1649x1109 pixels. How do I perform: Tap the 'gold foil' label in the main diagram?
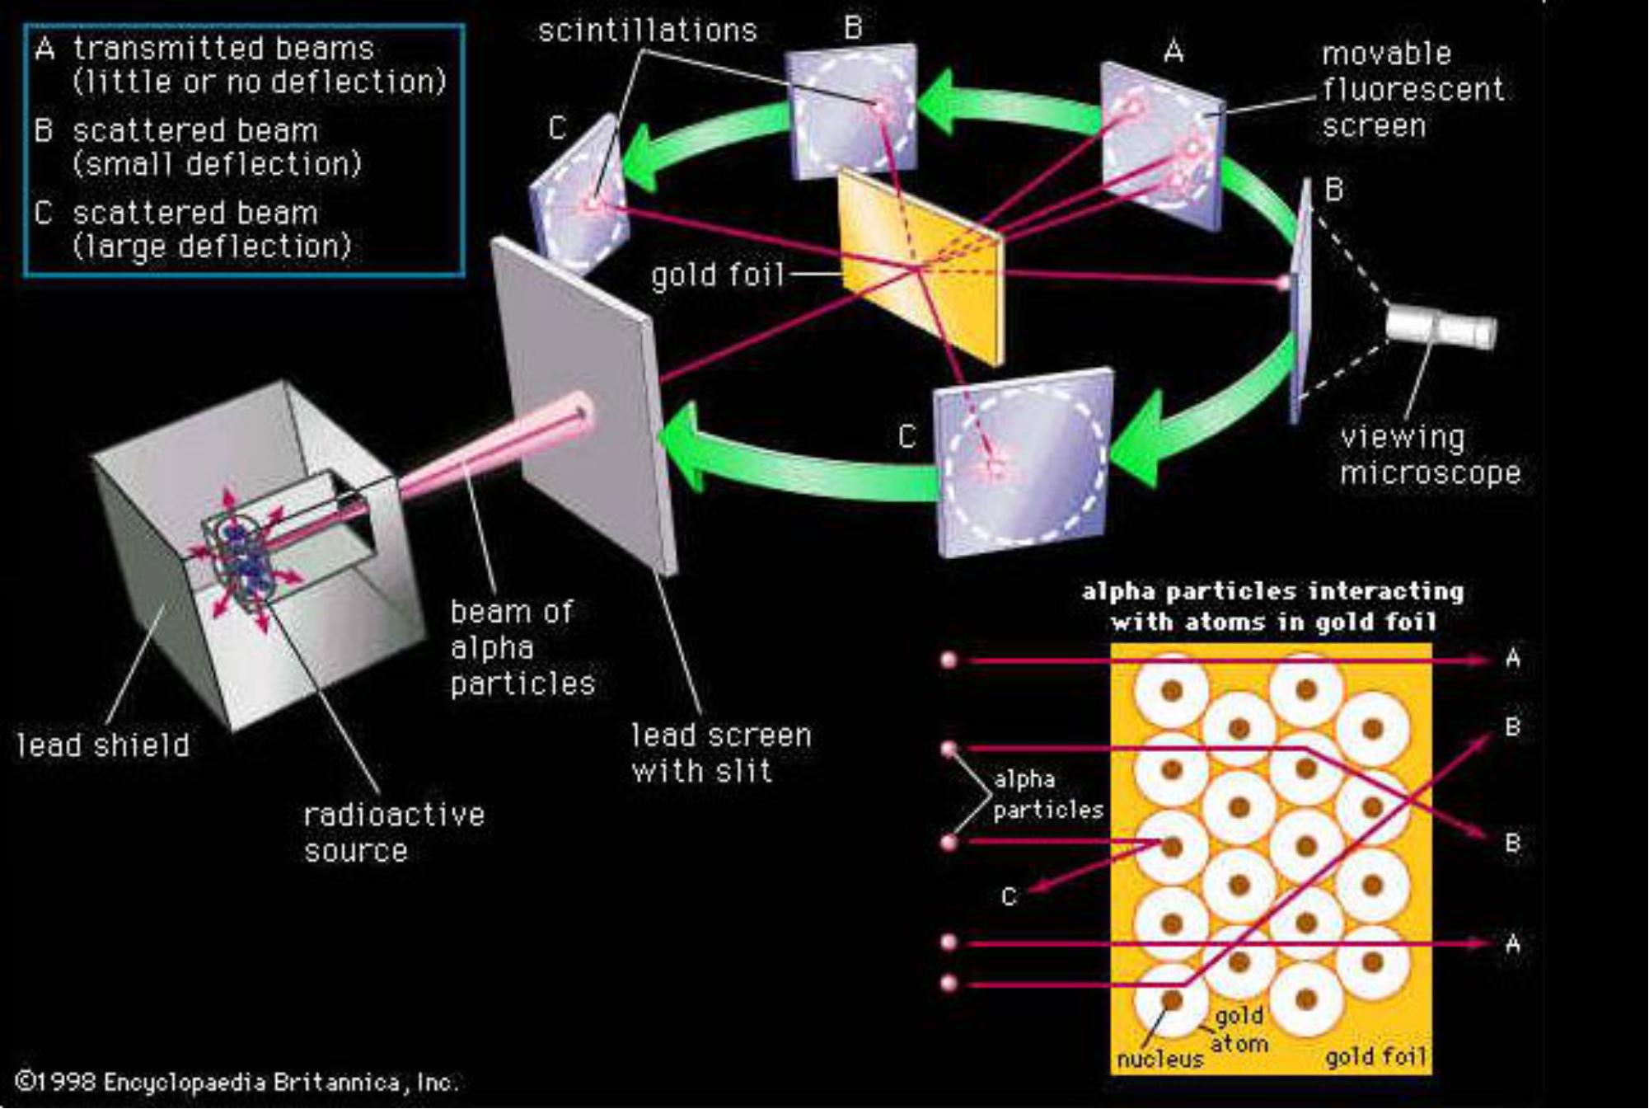point(717,275)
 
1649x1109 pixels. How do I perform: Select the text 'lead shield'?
point(103,745)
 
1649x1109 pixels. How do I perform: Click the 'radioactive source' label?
point(393,832)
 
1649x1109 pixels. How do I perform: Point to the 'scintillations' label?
point(647,31)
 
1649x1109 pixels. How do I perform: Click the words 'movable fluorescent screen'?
point(1412,90)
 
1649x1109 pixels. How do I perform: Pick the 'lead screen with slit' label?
point(720,753)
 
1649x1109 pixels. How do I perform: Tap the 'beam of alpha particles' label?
point(521,647)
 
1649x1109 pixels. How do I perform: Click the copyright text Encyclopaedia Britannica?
point(237,1082)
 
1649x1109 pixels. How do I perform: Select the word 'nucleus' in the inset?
point(1159,1059)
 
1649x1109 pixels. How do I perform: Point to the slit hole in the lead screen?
point(583,410)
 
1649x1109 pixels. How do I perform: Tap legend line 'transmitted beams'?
point(223,49)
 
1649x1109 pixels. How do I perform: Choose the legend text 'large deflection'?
point(212,247)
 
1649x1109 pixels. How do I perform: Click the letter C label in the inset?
point(1008,897)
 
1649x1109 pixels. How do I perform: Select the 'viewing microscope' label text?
point(1429,455)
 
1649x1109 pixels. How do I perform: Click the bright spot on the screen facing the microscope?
point(1283,284)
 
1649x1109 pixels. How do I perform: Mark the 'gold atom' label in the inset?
point(1239,1029)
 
